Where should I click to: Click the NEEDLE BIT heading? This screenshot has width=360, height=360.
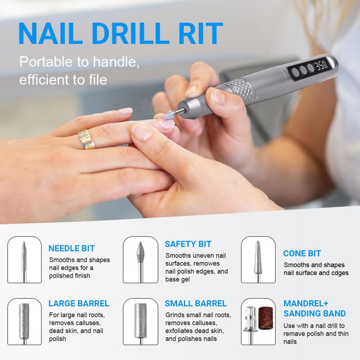(x=72, y=248)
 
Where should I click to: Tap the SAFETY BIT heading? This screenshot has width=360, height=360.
(x=188, y=244)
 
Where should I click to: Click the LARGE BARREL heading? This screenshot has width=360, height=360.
(x=79, y=304)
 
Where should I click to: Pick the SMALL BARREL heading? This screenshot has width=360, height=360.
(x=195, y=304)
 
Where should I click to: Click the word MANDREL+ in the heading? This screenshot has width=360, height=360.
(x=306, y=304)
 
